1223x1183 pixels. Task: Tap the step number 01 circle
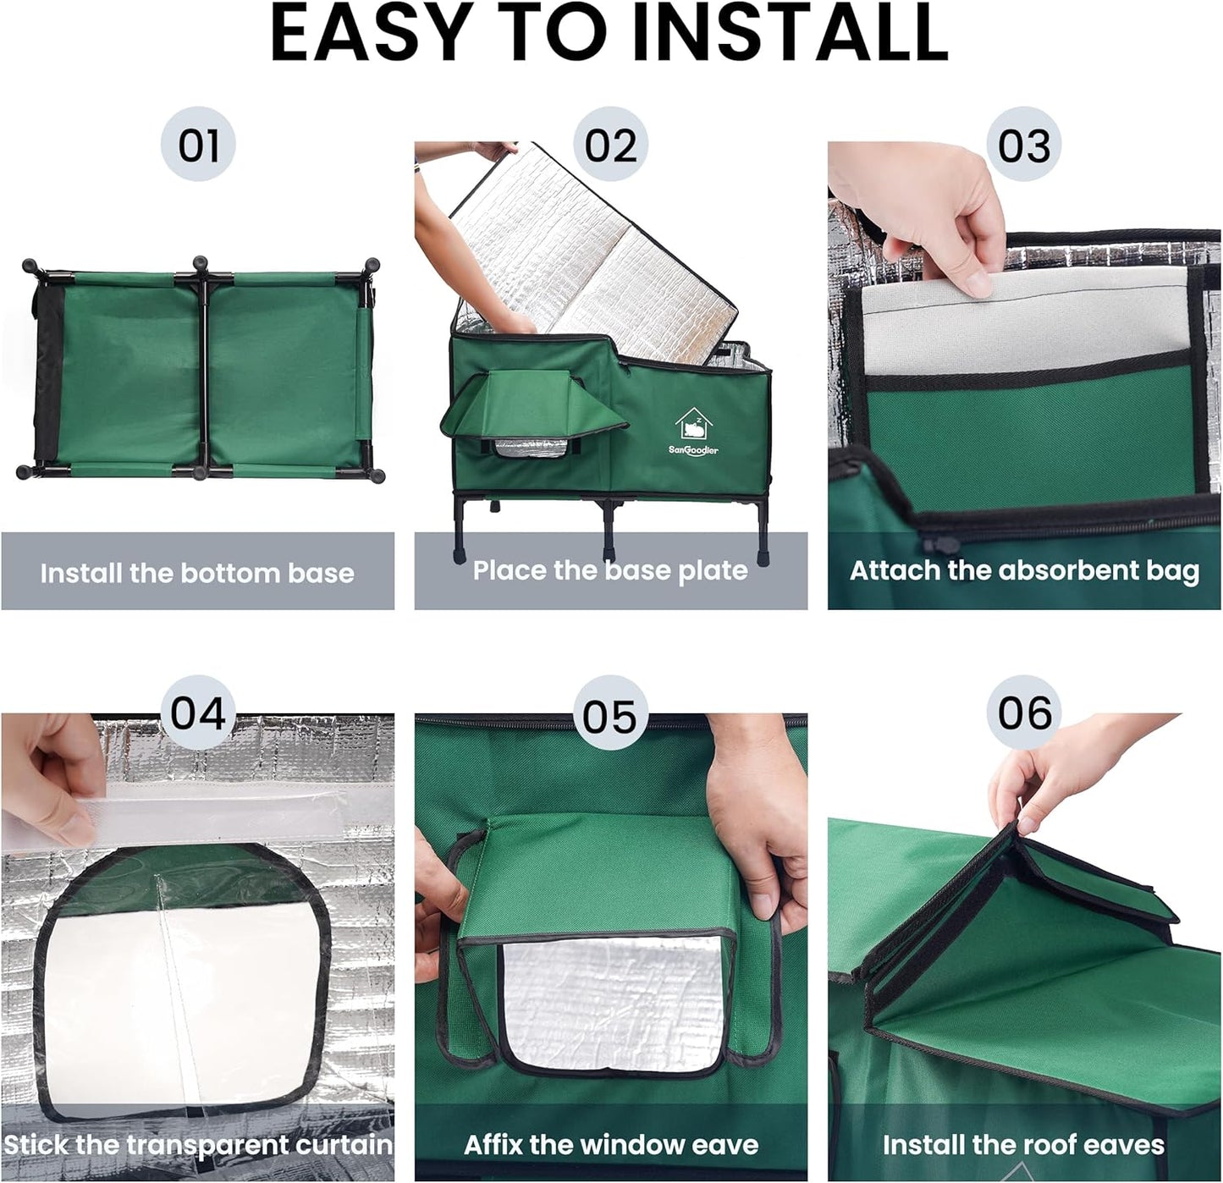[x=198, y=145]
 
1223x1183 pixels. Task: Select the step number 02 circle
[x=610, y=145]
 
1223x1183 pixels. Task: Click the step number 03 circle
[x=1023, y=145]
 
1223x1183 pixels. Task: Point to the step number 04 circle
[x=198, y=713]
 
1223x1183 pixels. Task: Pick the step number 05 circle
[x=610, y=716]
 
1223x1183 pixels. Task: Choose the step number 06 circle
[x=1023, y=713]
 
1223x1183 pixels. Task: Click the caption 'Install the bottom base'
[x=197, y=573]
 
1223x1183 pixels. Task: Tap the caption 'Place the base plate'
[x=610, y=570]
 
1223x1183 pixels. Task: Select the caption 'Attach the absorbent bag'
[x=1024, y=570]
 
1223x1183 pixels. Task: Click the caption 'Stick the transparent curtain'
[x=198, y=1145]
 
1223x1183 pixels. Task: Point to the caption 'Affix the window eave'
[x=610, y=1145]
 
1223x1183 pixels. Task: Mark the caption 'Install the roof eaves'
[x=1023, y=1145]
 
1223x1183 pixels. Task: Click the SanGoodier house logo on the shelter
[x=693, y=432]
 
